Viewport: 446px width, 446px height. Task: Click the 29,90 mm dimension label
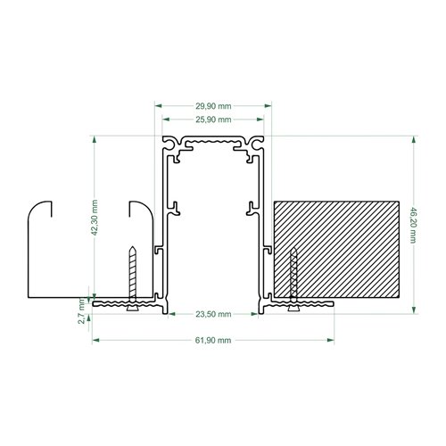pyautogui.click(x=213, y=106)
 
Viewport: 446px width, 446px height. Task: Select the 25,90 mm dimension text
pyautogui.click(x=213, y=120)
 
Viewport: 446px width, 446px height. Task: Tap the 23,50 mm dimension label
pyautogui.click(x=213, y=314)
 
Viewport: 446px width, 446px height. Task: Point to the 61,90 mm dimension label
pyautogui.click(x=213, y=340)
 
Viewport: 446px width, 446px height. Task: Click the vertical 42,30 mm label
pyautogui.click(x=95, y=218)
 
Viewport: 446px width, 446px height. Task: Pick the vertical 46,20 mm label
pyautogui.click(x=413, y=226)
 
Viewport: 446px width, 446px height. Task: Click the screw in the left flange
pyautogui.click(x=133, y=278)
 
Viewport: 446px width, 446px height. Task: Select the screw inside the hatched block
pyautogui.click(x=293, y=279)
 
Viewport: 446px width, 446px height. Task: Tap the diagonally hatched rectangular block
pyautogui.click(x=336, y=249)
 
